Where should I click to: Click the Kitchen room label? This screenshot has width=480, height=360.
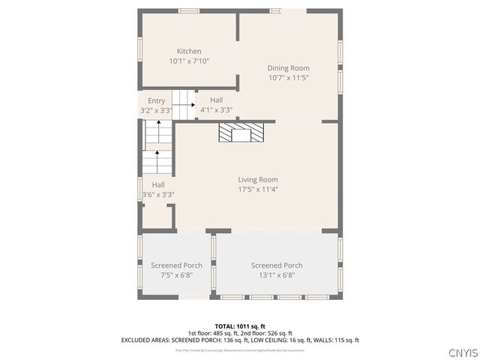point(188,51)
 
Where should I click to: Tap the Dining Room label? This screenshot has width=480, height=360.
point(289,68)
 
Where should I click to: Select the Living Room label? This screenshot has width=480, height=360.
point(258,179)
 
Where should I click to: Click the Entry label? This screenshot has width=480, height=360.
point(156,100)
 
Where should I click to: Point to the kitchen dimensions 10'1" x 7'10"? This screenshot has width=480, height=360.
point(189,61)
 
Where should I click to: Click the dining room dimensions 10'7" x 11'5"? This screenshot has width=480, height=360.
point(289,77)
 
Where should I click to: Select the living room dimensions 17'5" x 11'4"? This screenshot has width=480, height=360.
point(258,189)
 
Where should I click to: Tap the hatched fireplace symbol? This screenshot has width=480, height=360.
point(241,133)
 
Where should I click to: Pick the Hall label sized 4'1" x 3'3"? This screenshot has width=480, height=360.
point(216,100)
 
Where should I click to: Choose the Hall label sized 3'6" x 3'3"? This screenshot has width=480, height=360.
point(158,184)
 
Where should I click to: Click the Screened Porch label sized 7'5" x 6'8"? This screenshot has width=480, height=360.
point(176,265)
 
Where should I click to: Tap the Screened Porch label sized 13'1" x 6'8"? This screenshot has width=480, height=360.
point(277,265)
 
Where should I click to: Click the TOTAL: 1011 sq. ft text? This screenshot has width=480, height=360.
point(240,326)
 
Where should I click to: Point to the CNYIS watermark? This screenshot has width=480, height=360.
point(462,352)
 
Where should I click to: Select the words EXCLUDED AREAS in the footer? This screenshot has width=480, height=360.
point(146,340)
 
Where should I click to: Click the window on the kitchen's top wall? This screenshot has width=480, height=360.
point(189,10)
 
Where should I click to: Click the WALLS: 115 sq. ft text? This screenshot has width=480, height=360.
point(335,340)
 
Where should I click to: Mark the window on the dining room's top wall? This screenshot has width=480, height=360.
point(277,10)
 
